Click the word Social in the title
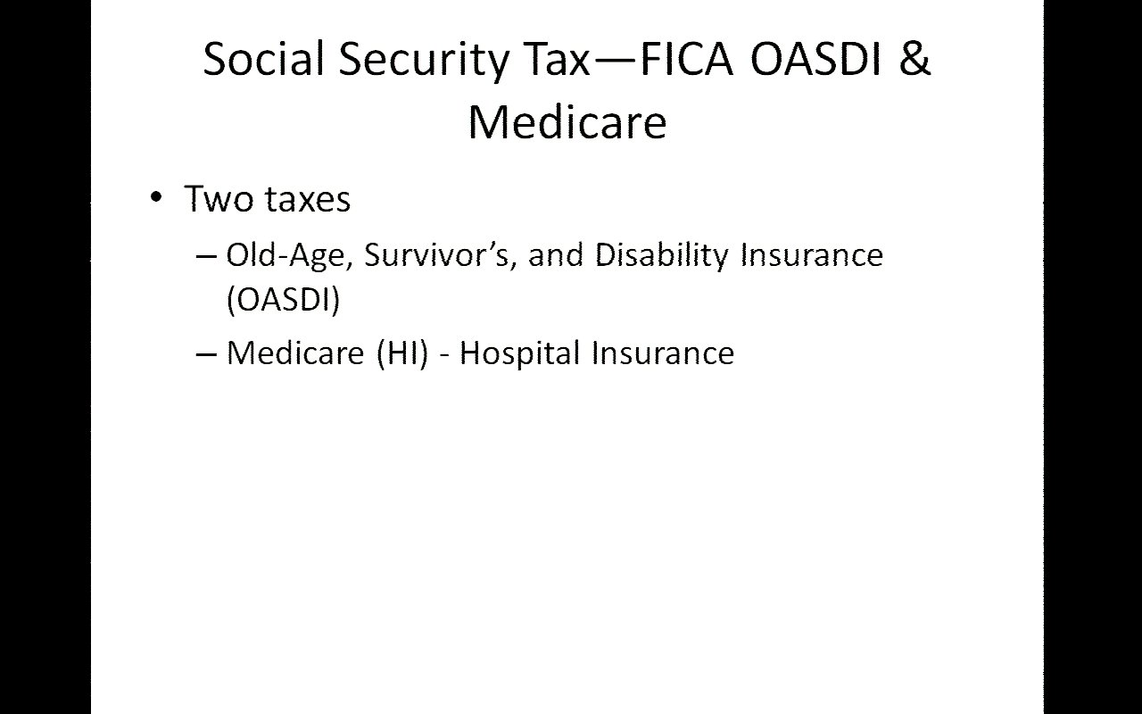(263, 59)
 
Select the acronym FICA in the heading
(686, 59)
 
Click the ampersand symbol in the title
(915, 59)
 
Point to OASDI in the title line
(815, 59)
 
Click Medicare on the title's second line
(567, 121)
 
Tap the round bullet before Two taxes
(156, 197)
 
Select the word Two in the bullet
(219, 198)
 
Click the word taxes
(309, 199)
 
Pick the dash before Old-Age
(206, 256)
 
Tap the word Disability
(662, 255)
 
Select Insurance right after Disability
(812, 255)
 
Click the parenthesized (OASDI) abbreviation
(283, 299)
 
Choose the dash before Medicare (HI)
(206, 354)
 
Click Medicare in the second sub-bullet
(295, 353)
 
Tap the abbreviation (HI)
(402, 353)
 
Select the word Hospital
(520, 353)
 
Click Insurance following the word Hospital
(663, 353)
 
